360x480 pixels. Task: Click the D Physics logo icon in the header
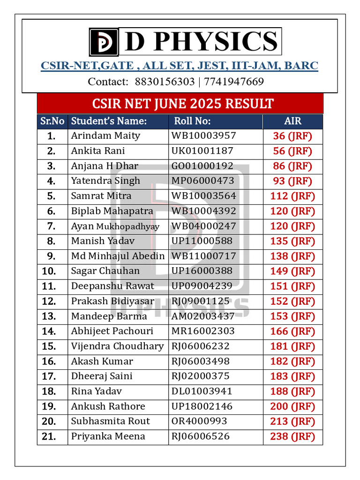(x=106, y=42)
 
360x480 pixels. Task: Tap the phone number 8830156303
(x=164, y=82)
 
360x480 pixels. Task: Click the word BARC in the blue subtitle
(x=301, y=66)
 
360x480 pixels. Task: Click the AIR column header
(x=292, y=121)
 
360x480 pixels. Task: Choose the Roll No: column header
(x=192, y=121)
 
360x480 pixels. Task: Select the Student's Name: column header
(x=109, y=121)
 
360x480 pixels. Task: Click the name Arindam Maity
(x=105, y=136)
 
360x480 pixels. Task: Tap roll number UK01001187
(x=202, y=151)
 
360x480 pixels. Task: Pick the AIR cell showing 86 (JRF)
(x=292, y=166)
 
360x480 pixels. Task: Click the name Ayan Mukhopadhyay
(x=115, y=226)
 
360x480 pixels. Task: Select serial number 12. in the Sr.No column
(x=49, y=301)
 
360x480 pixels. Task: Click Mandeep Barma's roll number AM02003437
(x=203, y=316)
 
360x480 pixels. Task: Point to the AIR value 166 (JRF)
(x=292, y=331)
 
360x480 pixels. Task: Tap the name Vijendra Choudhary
(x=117, y=346)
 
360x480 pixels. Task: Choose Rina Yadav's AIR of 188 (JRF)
(x=292, y=391)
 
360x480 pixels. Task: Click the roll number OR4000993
(x=199, y=421)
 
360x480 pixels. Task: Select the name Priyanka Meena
(x=108, y=436)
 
